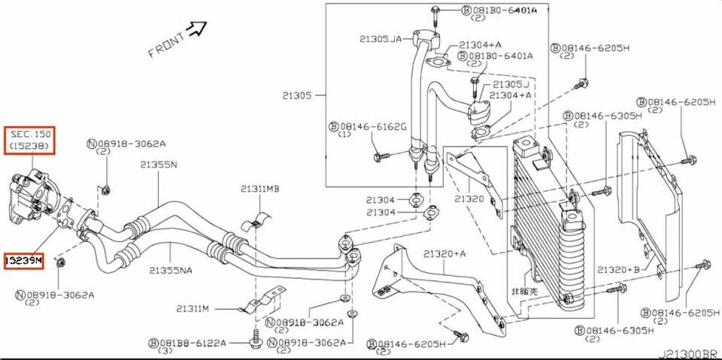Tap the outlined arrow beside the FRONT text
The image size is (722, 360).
tap(197, 29)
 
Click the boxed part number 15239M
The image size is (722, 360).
tap(24, 261)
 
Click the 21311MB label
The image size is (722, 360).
tap(260, 189)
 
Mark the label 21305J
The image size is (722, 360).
tap(511, 84)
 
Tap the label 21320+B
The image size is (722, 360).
tap(619, 269)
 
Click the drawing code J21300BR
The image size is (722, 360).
tap(687, 352)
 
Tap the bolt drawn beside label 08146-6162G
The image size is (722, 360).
tap(380, 156)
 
